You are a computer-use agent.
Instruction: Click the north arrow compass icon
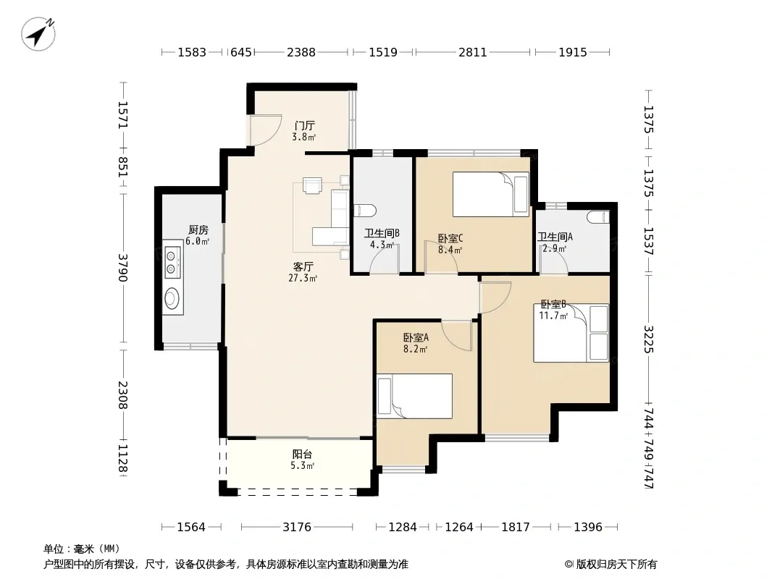pos(38,34)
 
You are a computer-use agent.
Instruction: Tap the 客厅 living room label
pos(303,266)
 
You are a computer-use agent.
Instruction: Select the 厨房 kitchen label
pos(198,229)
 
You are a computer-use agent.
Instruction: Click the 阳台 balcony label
pos(302,454)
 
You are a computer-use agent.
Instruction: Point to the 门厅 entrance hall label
pos(304,125)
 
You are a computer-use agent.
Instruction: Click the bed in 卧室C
pos(491,194)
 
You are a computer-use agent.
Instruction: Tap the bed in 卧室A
pos(414,396)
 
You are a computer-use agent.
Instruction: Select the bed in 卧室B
pos(571,333)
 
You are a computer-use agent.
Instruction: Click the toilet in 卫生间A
pos(598,217)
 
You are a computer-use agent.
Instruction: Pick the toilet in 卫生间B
pos(365,211)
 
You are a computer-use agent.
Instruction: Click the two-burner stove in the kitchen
pos(172,262)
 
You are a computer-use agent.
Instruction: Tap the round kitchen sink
pos(172,297)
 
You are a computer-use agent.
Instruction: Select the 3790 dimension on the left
pos(122,268)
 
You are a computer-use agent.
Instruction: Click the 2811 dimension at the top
pos(473,52)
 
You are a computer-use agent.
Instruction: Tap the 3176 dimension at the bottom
pos(297,528)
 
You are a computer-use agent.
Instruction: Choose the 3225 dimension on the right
pos(648,339)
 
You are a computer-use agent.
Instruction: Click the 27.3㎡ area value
pos(303,279)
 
